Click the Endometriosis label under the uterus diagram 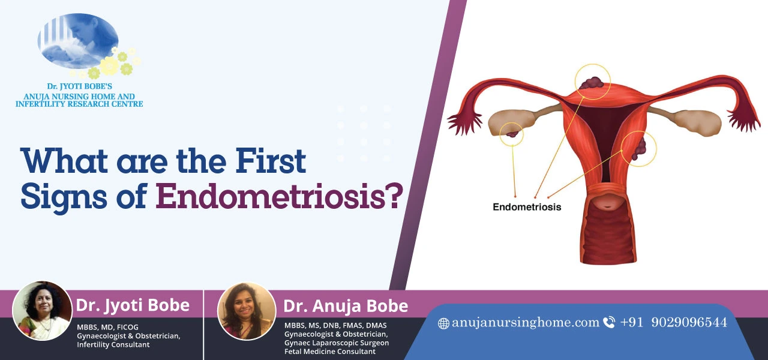point(527,207)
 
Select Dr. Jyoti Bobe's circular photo point(42,311)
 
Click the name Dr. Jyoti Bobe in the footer point(133,305)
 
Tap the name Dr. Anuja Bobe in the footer point(346,307)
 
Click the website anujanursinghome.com point(526,323)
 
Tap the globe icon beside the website point(443,323)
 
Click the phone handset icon point(609,323)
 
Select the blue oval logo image point(78,41)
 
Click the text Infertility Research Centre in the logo point(79,104)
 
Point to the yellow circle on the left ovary point(511,133)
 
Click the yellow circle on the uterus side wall point(638,148)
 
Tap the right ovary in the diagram point(696,121)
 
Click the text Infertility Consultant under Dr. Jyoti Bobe point(113,344)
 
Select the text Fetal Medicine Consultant point(330,352)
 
